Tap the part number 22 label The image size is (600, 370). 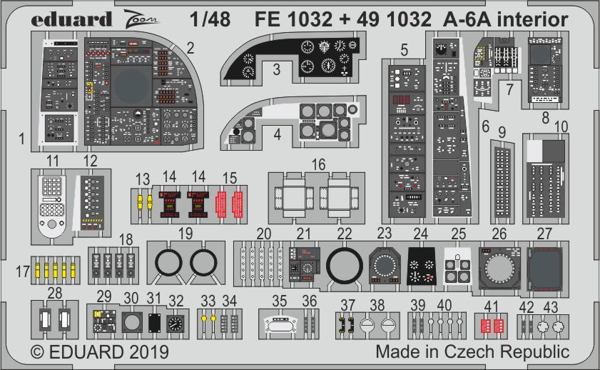coord(345,234)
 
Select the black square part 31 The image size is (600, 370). coord(154,324)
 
